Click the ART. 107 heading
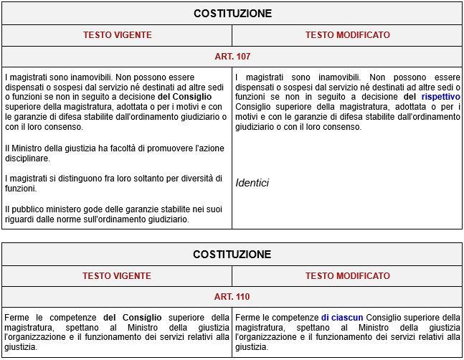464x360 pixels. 232,56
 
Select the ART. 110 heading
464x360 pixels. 232,296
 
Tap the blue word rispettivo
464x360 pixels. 440,96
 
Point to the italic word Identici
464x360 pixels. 252,183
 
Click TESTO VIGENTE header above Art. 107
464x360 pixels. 117,34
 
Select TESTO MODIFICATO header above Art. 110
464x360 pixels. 347,275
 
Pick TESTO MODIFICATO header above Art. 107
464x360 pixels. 347,34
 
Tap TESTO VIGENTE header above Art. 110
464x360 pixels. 117,275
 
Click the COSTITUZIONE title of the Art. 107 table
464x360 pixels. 232,14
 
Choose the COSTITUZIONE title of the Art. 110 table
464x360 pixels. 232,255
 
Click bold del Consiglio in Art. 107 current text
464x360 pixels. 184,96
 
